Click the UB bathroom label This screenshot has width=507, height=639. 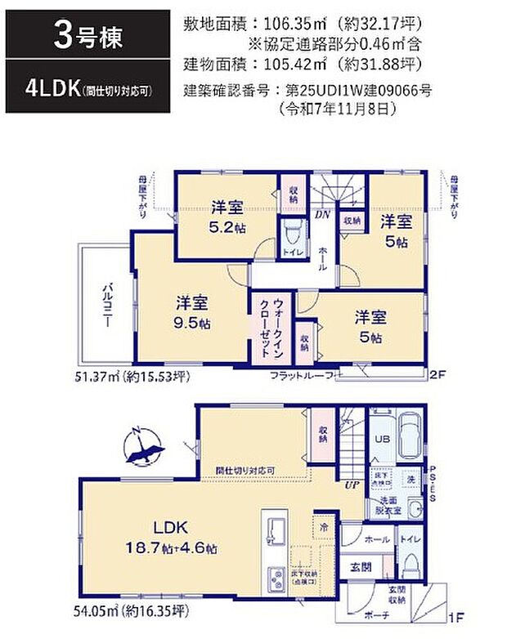point(381,439)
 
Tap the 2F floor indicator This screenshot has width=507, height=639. point(438,375)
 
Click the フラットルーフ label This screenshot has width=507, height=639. point(301,375)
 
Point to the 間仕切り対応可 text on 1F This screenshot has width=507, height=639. point(245,471)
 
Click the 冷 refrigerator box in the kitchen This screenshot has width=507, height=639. point(325,527)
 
